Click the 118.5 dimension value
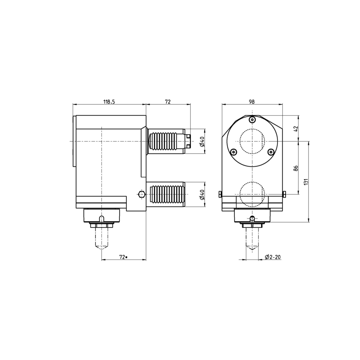point(109,102)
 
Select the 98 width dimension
point(252,102)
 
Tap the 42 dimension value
point(296,129)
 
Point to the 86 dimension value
point(296,168)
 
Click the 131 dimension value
point(306,182)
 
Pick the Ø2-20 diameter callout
point(273,257)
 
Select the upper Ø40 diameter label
point(202,141)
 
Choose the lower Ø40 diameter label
point(202,194)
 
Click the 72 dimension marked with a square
point(123,257)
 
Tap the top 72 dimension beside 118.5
point(168,102)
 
